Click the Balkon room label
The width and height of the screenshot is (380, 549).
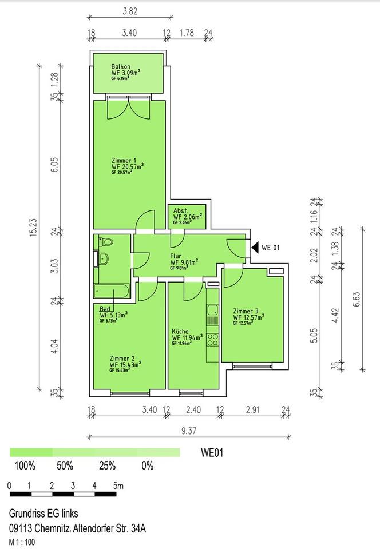pyautogui.click(x=121, y=66)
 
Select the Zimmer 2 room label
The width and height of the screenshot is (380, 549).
pyautogui.click(x=122, y=359)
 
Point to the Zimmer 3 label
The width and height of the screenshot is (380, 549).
pyautogui.click(x=246, y=311)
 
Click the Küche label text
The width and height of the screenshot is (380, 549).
pyautogui.click(x=180, y=331)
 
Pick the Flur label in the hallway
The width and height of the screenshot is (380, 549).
pyautogui.click(x=176, y=256)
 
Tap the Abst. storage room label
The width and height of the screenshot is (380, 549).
pyautogui.click(x=181, y=211)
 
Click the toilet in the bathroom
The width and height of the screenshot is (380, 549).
pyautogui.click(x=106, y=241)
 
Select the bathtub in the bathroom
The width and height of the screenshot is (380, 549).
pyautogui.click(x=112, y=291)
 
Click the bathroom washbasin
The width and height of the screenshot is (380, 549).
pyautogui.click(x=104, y=259)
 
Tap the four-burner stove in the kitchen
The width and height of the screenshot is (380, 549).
pyautogui.click(x=212, y=340)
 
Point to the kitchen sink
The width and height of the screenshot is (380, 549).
pyautogui.click(x=212, y=310)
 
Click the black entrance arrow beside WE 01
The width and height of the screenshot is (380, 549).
pyautogui.click(x=255, y=248)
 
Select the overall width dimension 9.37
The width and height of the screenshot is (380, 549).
pyautogui.click(x=189, y=431)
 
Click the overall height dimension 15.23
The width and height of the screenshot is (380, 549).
pyautogui.click(x=33, y=228)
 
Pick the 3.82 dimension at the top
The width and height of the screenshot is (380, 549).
pyautogui.click(x=130, y=11)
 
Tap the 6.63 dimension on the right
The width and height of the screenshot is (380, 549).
pyautogui.click(x=357, y=299)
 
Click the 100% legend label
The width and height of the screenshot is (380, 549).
pyautogui.click(x=25, y=466)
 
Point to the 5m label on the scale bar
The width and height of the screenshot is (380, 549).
pyautogui.click(x=118, y=486)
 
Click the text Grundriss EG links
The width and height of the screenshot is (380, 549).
pyautogui.click(x=43, y=514)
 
